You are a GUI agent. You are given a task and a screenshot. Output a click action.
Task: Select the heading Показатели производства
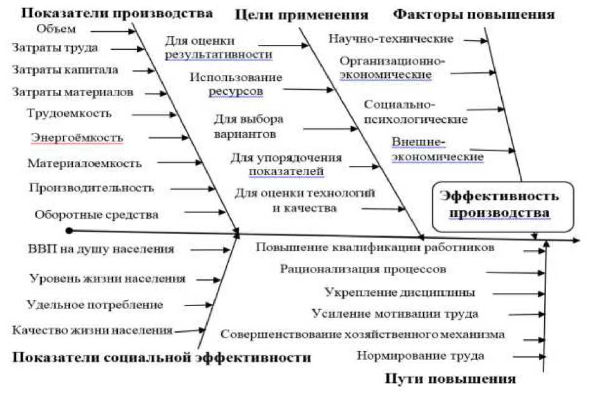click(111, 13)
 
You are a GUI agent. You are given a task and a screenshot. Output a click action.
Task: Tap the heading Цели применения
click(302, 14)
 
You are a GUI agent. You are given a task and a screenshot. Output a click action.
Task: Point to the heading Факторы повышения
click(474, 13)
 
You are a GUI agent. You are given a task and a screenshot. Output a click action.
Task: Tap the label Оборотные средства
click(96, 214)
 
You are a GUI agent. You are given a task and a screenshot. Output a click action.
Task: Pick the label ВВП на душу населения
click(100, 249)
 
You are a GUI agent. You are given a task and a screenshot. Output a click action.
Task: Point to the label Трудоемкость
click(69, 113)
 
